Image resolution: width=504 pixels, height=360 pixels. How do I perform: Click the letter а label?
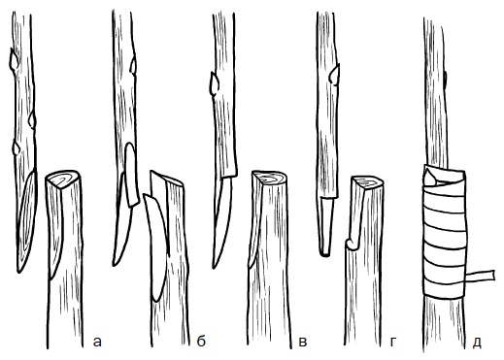pyautogui.click(x=97, y=342)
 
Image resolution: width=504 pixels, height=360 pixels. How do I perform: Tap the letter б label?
pyautogui.click(x=201, y=341)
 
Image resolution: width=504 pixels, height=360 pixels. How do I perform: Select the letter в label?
pyautogui.click(x=302, y=342)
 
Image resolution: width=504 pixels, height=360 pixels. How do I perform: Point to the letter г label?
pyautogui.click(x=393, y=342)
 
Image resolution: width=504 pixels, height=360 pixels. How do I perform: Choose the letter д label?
pyautogui.click(x=477, y=343)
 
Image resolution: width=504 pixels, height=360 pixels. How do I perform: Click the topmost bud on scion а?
pyautogui.click(x=15, y=59)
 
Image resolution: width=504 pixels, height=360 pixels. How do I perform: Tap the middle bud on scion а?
pyautogui.click(x=32, y=119)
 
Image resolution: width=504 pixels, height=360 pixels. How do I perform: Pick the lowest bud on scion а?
pyautogui.click(x=17, y=148)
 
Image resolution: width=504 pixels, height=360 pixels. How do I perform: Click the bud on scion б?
pyautogui.click(x=133, y=65)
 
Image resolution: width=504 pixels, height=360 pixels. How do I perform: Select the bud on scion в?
pyautogui.click(x=214, y=83)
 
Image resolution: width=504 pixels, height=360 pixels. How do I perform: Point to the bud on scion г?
pyautogui.click(x=334, y=75)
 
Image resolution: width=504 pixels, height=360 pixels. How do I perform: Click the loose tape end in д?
pyautogui.click(x=480, y=276)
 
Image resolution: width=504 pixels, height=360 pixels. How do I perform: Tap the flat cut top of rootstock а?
pyautogui.click(x=62, y=179)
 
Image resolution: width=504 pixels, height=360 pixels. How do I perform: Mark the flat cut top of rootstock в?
pyautogui.click(x=269, y=178)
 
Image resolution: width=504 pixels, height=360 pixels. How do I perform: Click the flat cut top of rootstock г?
pyautogui.click(x=368, y=182)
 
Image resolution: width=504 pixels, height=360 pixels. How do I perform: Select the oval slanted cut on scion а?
pyautogui.click(x=27, y=221)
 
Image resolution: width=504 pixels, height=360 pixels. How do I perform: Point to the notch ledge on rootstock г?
pyautogui.click(x=352, y=244)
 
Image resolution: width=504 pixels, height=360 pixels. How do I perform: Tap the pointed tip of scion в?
pyautogui.click(x=215, y=265)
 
